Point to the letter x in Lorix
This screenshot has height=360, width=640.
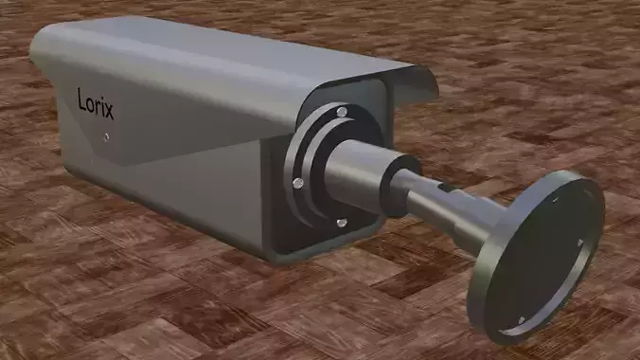pos(110,110)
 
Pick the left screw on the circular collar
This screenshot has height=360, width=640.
pos(297,181)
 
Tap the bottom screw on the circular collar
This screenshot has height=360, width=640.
pos(341,223)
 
